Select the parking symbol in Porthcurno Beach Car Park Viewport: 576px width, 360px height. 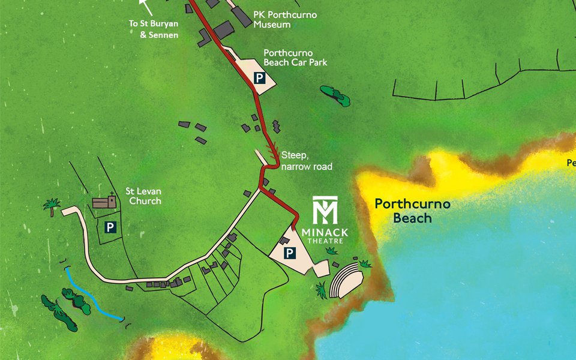tap(259, 78)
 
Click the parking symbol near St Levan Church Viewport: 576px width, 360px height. tap(110, 227)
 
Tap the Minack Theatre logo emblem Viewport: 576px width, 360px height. tap(325, 210)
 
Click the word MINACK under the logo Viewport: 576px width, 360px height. tap(325, 232)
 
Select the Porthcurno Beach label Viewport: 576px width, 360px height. tap(412, 211)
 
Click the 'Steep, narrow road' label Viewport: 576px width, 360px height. tap(306, 161)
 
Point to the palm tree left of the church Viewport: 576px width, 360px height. tap(52, 206)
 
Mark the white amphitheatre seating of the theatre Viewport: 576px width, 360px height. tap(344, 279)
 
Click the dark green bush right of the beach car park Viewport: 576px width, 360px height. tap(335, 95)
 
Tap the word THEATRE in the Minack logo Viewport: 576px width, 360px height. tap(325, 241)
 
